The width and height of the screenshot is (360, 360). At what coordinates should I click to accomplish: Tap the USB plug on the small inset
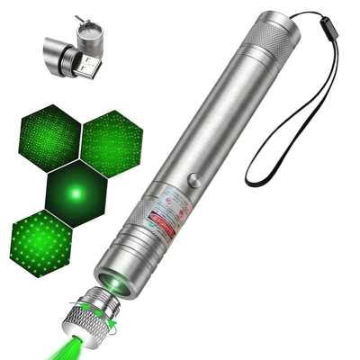[88, 64]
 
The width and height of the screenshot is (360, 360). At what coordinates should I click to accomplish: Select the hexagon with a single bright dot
[76, 191]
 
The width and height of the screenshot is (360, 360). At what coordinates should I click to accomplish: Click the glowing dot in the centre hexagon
[76, 191]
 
